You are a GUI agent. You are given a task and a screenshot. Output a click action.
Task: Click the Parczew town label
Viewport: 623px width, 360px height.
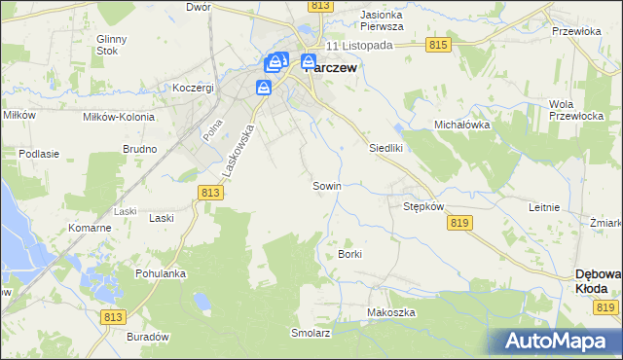tap(331, 68)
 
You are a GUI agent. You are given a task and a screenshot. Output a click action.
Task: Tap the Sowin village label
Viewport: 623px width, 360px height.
tap(325, 185)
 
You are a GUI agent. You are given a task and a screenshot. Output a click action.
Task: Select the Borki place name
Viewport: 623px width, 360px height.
tap(349, 254)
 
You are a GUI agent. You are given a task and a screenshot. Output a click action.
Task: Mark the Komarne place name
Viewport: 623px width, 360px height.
tap(90, 228)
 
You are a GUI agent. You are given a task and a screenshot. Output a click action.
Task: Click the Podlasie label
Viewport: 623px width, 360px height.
tap(39, 154)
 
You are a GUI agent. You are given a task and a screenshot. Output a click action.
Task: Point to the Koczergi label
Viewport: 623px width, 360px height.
tap(193, 88)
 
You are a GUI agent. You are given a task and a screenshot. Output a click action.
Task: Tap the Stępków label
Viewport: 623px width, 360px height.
tap(423, 207)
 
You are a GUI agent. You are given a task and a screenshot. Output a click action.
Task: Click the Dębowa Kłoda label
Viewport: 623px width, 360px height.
tap(598, 281)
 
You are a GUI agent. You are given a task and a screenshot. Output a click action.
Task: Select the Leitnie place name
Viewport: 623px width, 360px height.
tap(543, 207)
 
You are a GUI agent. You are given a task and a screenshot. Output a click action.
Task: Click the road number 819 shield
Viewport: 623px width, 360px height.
tap(461, 223)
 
